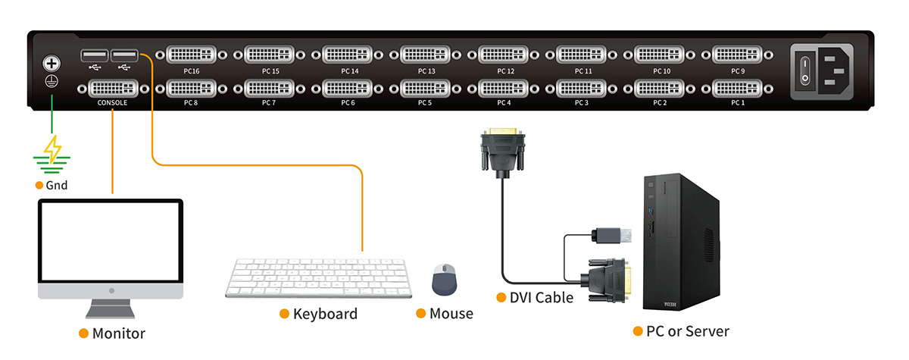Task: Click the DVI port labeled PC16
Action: point(191,55)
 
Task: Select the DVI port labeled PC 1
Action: point(738,88)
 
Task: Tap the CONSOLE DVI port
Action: point(113,88)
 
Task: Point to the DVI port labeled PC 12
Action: point(504,55)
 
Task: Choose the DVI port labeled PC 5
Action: point(425,88)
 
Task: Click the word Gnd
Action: point(57,185)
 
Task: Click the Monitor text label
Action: point(118,333)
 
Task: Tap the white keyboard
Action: point(318,278)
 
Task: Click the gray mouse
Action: point(444,280)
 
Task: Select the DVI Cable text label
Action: point(541,297)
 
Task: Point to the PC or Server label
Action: point(687,331)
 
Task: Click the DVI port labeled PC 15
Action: point(270,55)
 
